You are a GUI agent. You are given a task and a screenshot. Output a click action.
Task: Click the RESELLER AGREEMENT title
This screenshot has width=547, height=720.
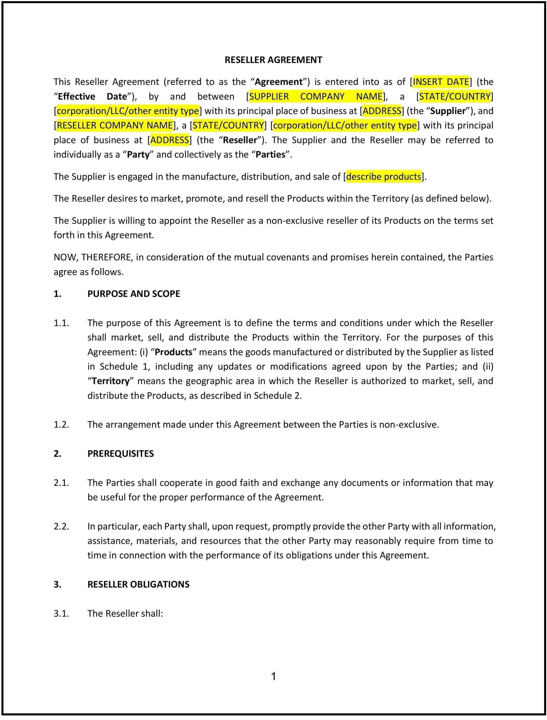tap(273, 60)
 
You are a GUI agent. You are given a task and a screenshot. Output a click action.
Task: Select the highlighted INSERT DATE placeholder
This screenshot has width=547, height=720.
tap(441, 82)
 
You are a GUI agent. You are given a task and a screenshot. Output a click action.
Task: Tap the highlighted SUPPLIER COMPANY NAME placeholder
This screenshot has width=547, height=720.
tap(315, 96)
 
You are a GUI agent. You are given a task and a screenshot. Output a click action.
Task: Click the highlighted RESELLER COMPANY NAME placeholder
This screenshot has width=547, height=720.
tap(115, 126)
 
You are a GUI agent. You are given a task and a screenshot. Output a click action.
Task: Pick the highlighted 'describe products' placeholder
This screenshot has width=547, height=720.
tap(384, 176)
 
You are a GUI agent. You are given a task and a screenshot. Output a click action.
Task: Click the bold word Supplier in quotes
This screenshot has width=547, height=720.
tap(448, 111)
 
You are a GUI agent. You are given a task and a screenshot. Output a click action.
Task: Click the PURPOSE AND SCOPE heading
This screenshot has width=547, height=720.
tap(134, 294)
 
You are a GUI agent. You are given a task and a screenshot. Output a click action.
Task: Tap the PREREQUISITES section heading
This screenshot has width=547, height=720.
tap(121, 453)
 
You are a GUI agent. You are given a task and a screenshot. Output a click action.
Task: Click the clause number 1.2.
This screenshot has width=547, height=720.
tap(61, 425)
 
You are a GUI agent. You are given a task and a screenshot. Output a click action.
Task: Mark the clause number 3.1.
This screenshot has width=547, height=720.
tap(61, 613)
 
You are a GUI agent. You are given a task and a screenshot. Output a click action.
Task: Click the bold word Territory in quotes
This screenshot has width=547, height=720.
tap(110, 381)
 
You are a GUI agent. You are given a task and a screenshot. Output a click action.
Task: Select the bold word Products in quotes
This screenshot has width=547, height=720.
tap(174, 352)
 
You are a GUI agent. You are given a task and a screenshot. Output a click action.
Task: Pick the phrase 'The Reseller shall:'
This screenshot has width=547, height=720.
tap(125, 613)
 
